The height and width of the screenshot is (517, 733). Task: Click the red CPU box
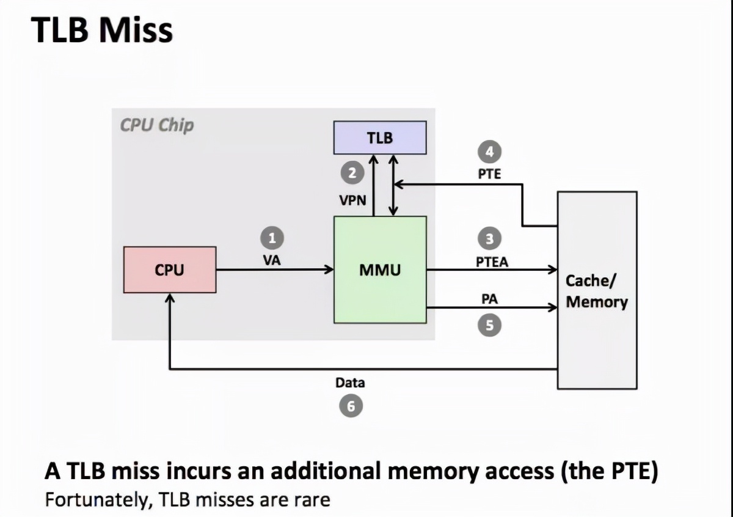(x=169, y=269)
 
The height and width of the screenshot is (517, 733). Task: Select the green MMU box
(x=379, y=269)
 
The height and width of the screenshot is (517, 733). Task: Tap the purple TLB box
(x=379, y=137)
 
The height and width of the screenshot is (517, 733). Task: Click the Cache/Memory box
(x=597, y=290)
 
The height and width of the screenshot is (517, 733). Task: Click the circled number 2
(x=351, y=174)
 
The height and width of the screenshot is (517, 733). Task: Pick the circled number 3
(x=490, y=238)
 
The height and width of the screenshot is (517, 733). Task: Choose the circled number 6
(x=351, y=405)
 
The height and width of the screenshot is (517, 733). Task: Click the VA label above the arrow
(x=272, y=260)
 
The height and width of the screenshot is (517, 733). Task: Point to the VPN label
(x=352, y=200)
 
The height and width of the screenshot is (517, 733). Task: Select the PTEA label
(x=492, y=262)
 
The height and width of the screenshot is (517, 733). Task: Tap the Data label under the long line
(x=350, y=383)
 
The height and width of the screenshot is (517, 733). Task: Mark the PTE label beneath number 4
(x=489, y=174)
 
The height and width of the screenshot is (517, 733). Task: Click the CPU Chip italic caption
(x=156, y=125)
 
